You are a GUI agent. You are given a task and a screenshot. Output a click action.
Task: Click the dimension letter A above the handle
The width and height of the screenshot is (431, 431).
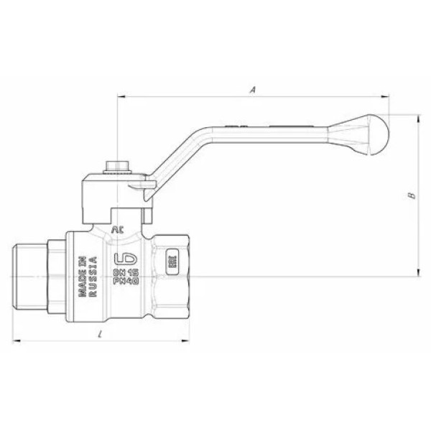252,90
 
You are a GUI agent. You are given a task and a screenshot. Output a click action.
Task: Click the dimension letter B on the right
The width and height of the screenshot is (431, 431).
410,195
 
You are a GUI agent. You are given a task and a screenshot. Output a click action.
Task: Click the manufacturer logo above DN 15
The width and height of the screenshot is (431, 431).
123,253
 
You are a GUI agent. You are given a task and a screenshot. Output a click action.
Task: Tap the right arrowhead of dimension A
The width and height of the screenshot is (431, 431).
386,97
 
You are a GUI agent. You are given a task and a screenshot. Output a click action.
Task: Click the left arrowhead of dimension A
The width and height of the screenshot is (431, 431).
121,97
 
